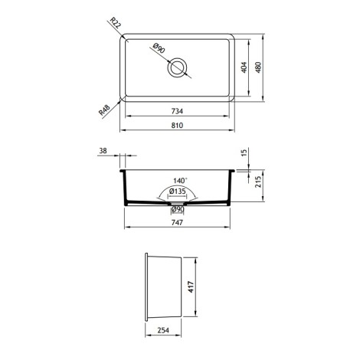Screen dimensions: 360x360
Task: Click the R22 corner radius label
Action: [115, 22]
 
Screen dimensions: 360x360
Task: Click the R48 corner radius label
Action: [104, 110]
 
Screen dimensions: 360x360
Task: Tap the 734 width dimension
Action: [177, 111]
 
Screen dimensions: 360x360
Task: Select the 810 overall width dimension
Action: [177, 126]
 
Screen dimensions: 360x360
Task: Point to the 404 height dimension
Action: [244, 67]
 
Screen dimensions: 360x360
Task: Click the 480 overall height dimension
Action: [258, 67]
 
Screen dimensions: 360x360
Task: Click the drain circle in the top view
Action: [177, 58]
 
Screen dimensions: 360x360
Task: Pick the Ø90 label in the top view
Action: [159, 48]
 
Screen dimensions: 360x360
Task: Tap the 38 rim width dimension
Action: [103, 151]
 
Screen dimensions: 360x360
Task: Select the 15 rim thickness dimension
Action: [244, 152]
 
